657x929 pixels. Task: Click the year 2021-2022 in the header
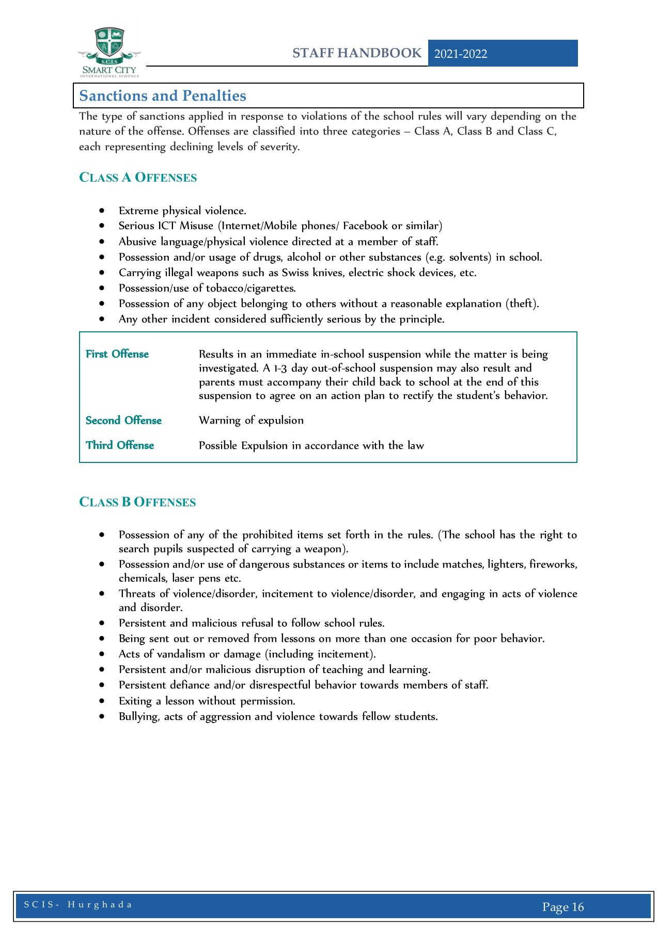click(461, 54)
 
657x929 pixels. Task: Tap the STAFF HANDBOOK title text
click(357, 53)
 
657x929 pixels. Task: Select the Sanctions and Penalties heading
click(163, 95)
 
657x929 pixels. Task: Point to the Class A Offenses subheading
click(138, 178)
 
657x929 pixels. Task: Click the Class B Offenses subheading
click(137, 502)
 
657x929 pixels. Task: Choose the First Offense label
click(117, 354)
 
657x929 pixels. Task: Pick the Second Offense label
click(123, 421)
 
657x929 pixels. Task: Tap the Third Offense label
click(120, 445)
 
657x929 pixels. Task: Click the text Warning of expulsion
click(251, 420)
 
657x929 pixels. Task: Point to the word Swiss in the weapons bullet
click(294, 273)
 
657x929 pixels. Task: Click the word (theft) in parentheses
click(522, 303)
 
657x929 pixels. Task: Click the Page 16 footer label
click(563, 907)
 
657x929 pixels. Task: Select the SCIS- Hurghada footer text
click(78, 905)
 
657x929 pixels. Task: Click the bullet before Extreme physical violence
click(102, 211)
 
